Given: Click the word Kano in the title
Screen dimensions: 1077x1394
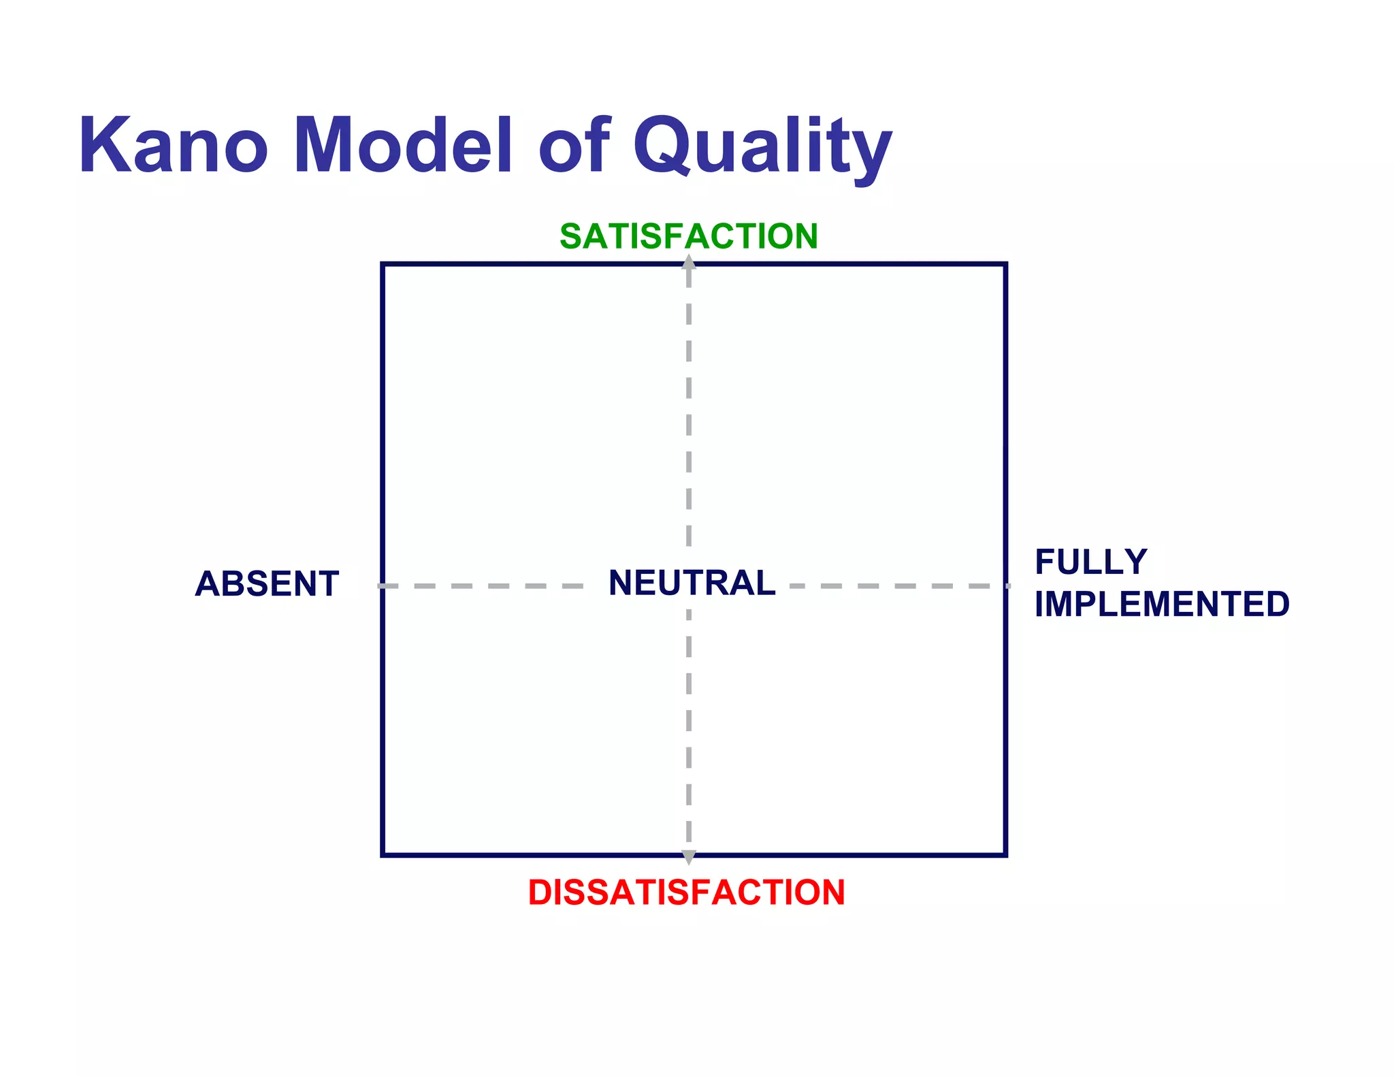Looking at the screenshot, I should click(174, 146).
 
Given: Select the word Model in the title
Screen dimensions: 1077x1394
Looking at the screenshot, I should click(403, 146).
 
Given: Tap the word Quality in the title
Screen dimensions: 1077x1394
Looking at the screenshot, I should click(762, 147).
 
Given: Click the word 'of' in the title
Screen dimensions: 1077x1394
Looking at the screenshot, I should click(574, 146).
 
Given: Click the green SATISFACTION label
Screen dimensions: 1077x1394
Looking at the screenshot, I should click(688, 236).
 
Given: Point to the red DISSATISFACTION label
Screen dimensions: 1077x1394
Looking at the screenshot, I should click(686, 893).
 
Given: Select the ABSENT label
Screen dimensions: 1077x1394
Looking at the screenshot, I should click(267, 584).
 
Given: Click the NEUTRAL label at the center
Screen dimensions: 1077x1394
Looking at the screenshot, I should click(692, 583).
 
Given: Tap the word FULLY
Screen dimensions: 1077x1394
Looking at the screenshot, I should click(1091, 562).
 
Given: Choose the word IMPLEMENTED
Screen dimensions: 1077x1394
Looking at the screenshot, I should click(1162, 605).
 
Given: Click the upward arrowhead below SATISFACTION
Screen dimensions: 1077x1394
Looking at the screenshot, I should click(689, 262).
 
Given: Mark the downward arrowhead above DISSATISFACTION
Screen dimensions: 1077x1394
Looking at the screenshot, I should click(689, 857).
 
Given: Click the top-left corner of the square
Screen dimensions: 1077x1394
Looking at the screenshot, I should click(383, 264).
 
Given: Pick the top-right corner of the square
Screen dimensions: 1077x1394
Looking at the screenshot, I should click(1005, 264).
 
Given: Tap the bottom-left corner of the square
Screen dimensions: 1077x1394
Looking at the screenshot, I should click(383, 854).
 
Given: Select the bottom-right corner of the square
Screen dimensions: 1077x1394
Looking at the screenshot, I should click(1005, 854).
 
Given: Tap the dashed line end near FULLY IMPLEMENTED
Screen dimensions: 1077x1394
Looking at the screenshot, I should click(1007, 585).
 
